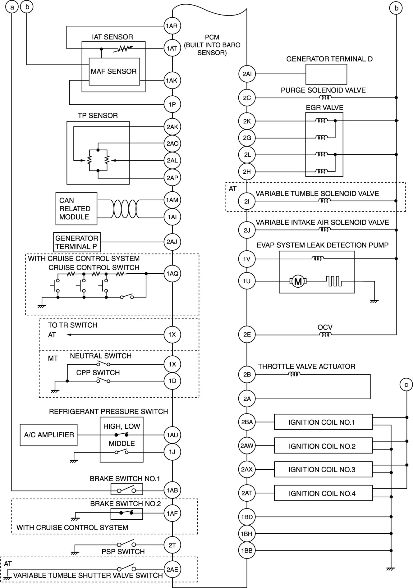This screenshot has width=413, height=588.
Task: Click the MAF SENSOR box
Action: click(114, 71)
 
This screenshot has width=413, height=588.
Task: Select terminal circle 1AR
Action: click(172, 26)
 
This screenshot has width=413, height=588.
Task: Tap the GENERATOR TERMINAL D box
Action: click(326, 74)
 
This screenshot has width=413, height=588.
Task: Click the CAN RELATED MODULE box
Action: click(76, 208)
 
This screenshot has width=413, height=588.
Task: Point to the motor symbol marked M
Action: click(298, 281)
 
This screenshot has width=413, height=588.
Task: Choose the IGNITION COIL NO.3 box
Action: click(323, 469)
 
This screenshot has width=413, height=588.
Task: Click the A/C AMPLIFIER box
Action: click(49, 435)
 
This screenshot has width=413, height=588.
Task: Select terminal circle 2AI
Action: click(247, 74)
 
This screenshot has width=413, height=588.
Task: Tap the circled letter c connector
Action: click(406, 385)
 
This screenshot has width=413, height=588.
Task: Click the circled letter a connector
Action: click(12, 7)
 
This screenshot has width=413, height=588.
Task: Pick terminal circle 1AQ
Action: click(172, 274)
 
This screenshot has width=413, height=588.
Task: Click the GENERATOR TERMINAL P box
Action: click(77, 242)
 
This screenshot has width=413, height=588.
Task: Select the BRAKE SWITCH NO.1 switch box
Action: click(126, 490)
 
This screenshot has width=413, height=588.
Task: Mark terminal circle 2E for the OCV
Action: click(247, 335)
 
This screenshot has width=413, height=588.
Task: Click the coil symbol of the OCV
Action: click(325, 335)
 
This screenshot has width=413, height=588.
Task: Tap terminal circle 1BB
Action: click(247, 550)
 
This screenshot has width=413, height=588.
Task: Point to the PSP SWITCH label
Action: click(123, 552)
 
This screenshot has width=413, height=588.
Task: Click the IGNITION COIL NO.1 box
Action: click(323, 422)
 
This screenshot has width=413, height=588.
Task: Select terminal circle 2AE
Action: click(172, 569)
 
